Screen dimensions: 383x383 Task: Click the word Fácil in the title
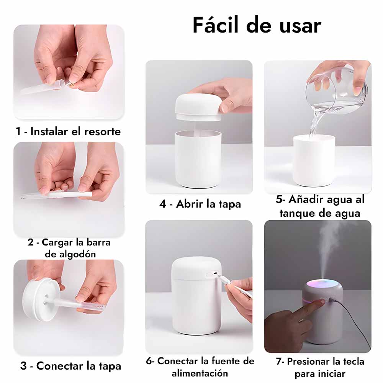215,25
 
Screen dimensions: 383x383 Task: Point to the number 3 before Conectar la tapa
23,366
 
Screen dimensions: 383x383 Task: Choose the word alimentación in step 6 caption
200,373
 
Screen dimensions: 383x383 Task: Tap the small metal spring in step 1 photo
69,84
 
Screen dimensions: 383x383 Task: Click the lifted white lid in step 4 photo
198,107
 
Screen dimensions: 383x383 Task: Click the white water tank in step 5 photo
314,161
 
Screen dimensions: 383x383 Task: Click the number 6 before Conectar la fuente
149,361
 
